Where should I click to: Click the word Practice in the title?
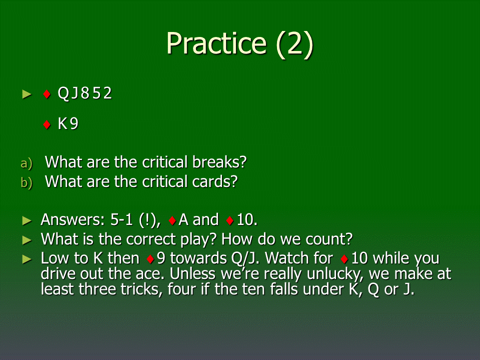(216, 43)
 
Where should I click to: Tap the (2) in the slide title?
(295, 44)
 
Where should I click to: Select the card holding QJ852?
(85, 93)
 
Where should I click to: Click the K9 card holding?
(68, 123)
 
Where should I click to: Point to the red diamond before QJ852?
(47, 94)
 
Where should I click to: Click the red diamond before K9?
(47, 124)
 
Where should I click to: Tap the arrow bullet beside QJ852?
(27, 94)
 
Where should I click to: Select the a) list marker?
(26, 163)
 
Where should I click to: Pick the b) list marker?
(26, 182)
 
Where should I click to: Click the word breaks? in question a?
(219, 162)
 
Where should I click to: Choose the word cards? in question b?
(214, 181)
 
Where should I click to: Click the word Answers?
(72, 219)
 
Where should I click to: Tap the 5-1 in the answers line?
(121, 219)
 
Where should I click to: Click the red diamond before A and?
(172, 220)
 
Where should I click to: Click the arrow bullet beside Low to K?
(27, 259)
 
